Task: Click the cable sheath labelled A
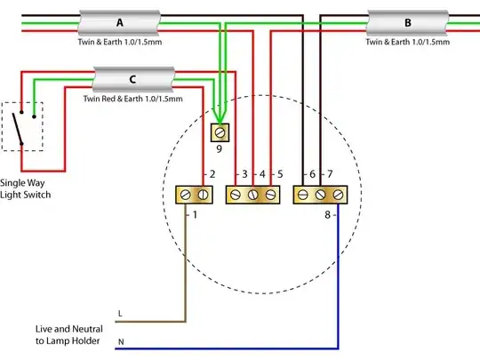[x=119, y=23]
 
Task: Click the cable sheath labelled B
[x=407, y=23]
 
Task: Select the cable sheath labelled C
[x=133, y=79]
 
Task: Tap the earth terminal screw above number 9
[x=220, y=132]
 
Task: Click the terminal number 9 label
[x=220, y=149]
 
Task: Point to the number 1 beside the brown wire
[x=195, y=215]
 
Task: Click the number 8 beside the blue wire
[x=327, y=215]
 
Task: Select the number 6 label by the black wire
[x=312, y=174]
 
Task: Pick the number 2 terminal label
[x=212, y=174]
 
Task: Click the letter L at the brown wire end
[x=120, y=314]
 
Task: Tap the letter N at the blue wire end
[x=121, y=342]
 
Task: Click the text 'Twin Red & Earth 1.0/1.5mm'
[x=132, y=99]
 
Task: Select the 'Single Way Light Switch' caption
[x=25, y=188]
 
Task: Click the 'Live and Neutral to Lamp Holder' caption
[x=68, y=335]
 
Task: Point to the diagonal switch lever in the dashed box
[x=17, y=129]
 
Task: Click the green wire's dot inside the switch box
[x=34, y=116]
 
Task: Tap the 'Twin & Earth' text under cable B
[x=407, y=42]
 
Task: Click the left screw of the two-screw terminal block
[x=185, y=195]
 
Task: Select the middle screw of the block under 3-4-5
[x=252, y=195]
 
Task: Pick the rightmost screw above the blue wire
[x=338, y=195]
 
